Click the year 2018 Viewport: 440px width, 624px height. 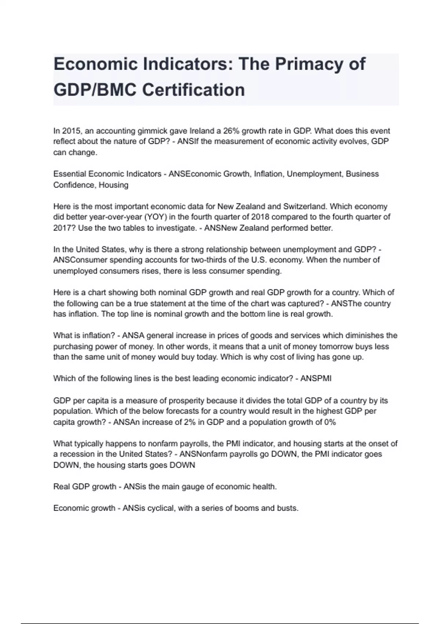260,217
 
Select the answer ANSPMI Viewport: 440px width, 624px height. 316,378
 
